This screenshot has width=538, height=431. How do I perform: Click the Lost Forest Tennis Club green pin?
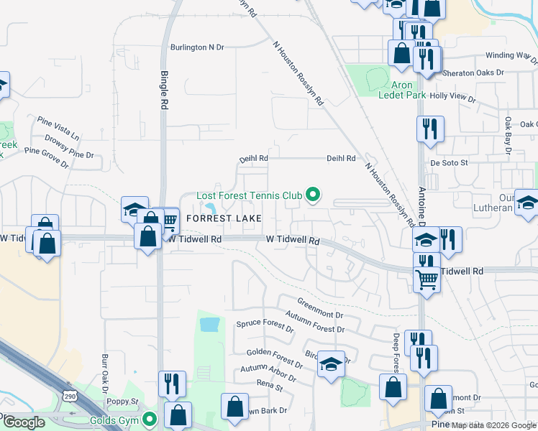(313, 195)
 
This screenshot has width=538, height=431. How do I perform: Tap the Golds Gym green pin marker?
(150, 419)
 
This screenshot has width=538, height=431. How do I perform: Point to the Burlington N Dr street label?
(197, 47)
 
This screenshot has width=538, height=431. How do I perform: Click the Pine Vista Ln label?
(58, 127)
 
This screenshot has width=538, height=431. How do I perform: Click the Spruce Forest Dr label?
(265, 326)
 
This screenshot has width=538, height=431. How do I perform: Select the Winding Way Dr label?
(511, 55)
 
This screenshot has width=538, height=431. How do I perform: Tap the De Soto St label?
(450, 163)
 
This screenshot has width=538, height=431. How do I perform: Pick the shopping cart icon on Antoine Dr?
(427, 277)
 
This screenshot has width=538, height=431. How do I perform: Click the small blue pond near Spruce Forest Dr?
(209, 325)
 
